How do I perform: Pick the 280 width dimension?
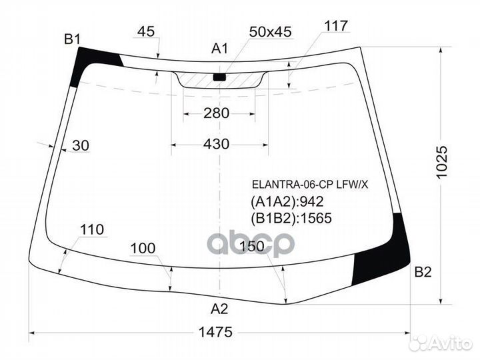pyautogui.click(x=216, y=113)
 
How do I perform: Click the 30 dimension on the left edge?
pyautogui.click(x=80, y=146)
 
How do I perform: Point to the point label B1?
pyautogui.click(x=72, y=39)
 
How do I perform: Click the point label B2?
pyautogui.click(x=423, y=271)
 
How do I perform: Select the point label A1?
pyautogui.click(x=220, y=48)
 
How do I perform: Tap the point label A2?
pyautogui.click(x=219, y=309)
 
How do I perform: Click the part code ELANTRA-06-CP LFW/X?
pyautogui.click(x=309, y=185)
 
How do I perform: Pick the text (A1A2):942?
pyautogui.click(x=287, y=201)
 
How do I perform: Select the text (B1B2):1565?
pyautogui.click(x=291, y=217)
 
